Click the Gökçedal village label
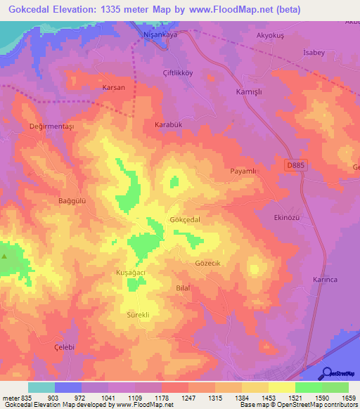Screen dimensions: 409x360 (185, 220)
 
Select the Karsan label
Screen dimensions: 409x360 (113, 88)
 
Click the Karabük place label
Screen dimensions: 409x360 (168, 124)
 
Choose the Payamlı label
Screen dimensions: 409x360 (245, 171)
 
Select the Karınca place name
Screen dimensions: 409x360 (325, 280)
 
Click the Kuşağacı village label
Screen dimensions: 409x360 (130, 272)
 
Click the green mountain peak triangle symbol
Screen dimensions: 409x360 (5, 256)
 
